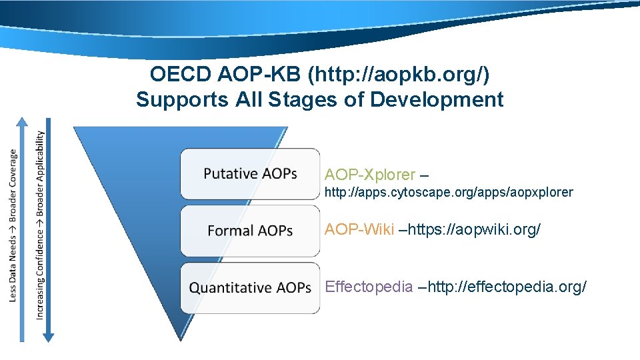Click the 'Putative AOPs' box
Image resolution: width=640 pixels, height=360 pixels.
(x=250, y=173)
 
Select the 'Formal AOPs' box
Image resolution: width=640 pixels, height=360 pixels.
(x=250, y=231)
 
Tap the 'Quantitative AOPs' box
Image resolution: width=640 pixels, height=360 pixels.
(x=250, y=288)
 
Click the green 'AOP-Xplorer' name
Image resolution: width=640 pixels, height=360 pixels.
(x=370, y=175)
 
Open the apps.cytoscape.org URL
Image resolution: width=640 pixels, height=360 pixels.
(x=449, y=193)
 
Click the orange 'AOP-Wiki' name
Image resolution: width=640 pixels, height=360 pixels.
(x=359, y=230)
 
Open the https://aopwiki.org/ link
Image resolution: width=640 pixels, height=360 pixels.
(x=474, y=230)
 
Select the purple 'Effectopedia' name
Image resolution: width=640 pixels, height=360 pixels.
(x=369, y=287)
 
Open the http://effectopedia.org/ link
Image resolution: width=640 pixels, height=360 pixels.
(x=507, y=287)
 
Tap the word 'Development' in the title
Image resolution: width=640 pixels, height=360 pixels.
(x=437, y=100)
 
